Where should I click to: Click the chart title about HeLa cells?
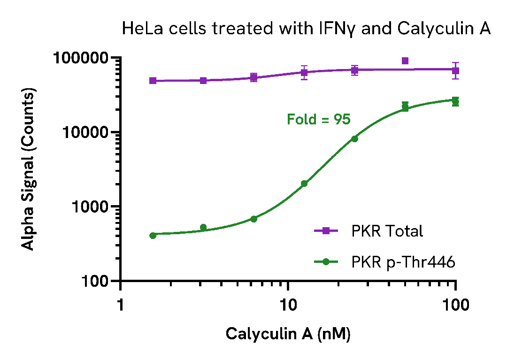coord(306,29)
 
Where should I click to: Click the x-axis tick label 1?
coord(121,305)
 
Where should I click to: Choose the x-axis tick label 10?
coord(288,305)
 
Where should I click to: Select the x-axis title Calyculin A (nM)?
coord(288,334)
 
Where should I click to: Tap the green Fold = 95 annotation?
coord(319,120)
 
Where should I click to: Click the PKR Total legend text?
coord(387,231)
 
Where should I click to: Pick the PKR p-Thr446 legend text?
coord(403,262)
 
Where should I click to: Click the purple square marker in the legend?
coord(327,230)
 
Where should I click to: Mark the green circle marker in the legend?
coord(327,262)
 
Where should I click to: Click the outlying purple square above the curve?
coord(405,61)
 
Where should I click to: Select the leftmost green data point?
coord(153,235)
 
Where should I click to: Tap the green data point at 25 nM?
coord(354,138)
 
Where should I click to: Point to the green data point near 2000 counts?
coord(304,184)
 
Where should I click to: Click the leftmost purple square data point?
coord(153,81)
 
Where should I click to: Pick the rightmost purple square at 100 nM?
coord(455,70)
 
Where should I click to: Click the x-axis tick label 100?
coord(455,305)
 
